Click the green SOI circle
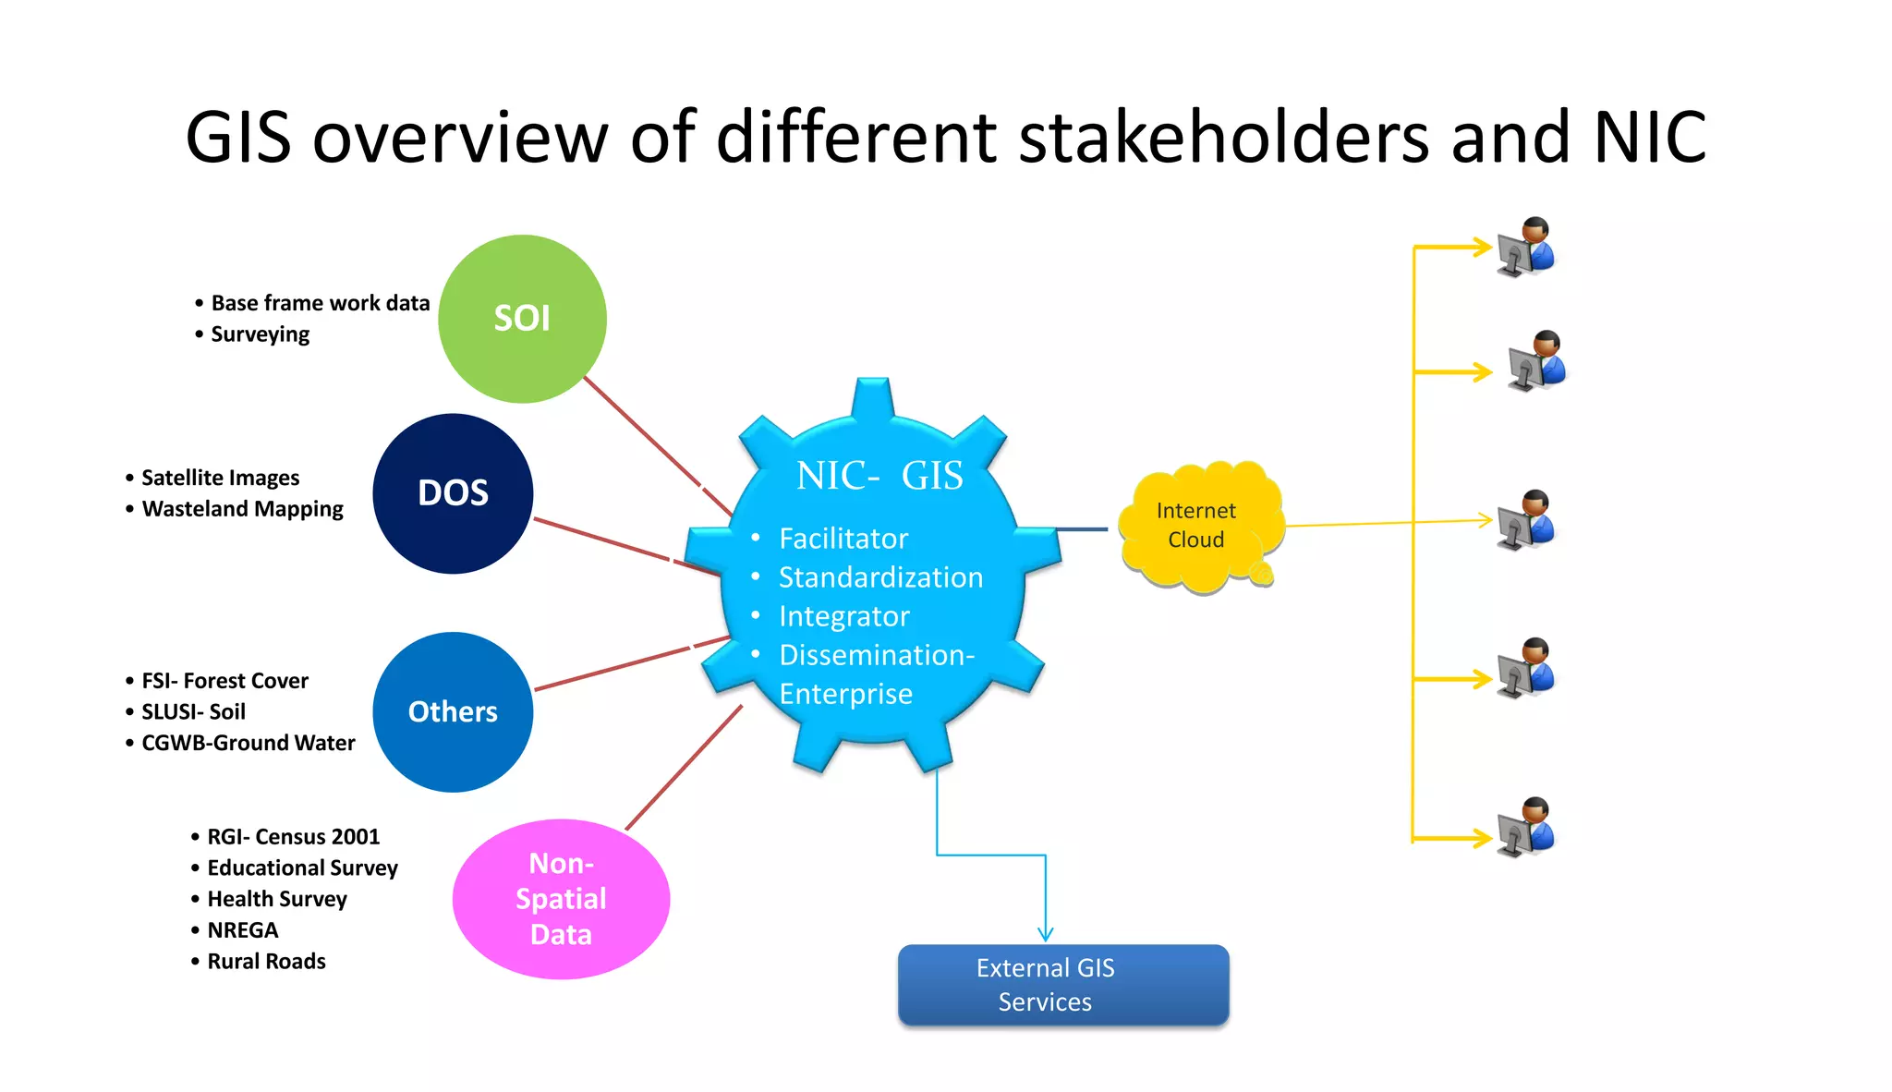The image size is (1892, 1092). coord(522,319)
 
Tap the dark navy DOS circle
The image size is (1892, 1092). coord(453,493)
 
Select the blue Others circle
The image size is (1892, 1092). coord(453,711)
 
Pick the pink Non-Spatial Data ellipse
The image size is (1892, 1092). coord(561,899)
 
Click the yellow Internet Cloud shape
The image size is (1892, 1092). coord(1196,526)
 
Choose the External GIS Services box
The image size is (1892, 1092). coord(1063,985)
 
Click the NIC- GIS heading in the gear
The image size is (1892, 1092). coord(879,476)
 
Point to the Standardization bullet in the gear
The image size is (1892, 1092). coord(880,577)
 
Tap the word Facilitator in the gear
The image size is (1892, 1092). coord(843,539)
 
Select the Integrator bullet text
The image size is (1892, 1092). coord(844,616)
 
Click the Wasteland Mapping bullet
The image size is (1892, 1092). coord(242,509)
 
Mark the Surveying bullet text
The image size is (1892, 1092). coord(260,334)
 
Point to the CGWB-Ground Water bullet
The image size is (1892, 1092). coord(248,743)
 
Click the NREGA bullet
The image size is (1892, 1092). coord(242,930)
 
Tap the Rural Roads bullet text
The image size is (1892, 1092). coord(266,962)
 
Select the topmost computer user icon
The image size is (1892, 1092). coord(1526,248)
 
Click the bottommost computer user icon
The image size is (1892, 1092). coord(1526,827)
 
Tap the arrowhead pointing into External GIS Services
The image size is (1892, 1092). coord(1046,934)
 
